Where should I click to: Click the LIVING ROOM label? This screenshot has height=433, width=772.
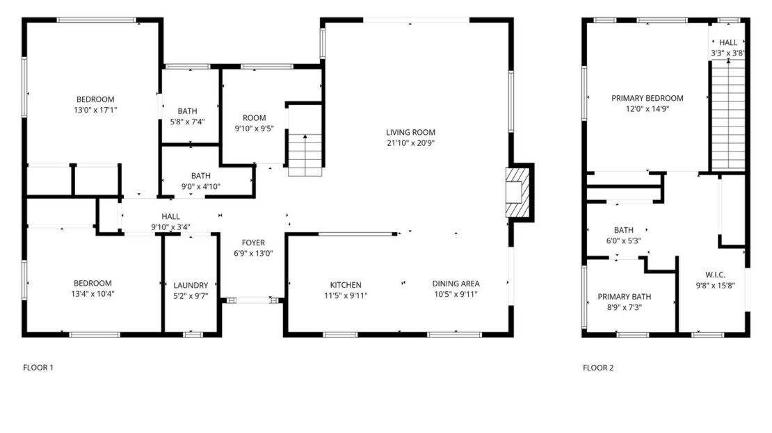[x=411, y=132]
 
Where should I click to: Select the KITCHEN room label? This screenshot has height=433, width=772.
[x=346, y=284]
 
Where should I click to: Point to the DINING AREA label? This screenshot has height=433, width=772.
[x=456, y=284]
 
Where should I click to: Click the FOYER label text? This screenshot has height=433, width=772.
[x=253, y=243]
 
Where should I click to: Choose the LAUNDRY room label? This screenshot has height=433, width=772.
[x=191, y=285]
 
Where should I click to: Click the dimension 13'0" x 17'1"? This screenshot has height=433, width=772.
[x=95, y=110]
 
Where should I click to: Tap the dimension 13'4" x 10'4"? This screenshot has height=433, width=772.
[x=93, y=294]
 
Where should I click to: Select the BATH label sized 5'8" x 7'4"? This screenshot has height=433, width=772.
[x=187, y=111]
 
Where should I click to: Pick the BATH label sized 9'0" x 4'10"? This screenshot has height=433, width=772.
[x=201, y=176]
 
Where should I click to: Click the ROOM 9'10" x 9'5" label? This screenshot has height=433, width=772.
[x=255, y=117]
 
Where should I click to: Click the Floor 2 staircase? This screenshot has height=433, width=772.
[x=727, y=115]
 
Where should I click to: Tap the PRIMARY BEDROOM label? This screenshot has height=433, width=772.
[x=647, y=98]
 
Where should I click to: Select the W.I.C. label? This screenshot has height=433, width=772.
[x=715, y=275]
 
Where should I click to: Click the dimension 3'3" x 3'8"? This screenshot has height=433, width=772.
[x=728, y=53]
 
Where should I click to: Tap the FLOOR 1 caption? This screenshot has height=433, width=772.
[x=38, y=368]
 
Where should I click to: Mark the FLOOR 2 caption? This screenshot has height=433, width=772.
[x=598, y=368]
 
